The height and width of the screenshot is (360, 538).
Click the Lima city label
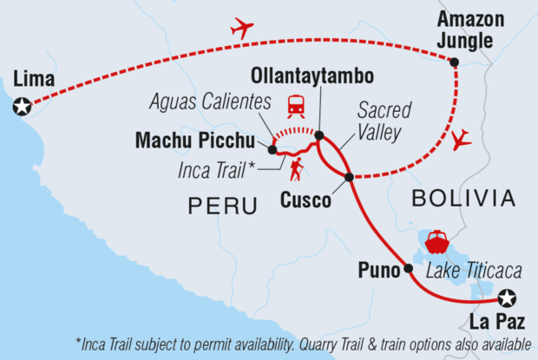35,81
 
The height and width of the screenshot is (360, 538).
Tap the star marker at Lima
21,108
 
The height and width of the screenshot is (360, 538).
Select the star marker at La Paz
507,298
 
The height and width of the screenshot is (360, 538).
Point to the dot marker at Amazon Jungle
454,61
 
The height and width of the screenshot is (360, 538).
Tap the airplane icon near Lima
242,29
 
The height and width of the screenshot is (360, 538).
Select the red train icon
296,105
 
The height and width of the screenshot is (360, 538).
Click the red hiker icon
296,169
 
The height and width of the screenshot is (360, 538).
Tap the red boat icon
435,239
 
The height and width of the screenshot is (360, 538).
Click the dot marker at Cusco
349,177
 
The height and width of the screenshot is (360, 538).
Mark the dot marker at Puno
408,269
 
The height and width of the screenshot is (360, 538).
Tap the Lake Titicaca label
465,271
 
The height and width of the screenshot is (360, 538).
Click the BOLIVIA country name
463,199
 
